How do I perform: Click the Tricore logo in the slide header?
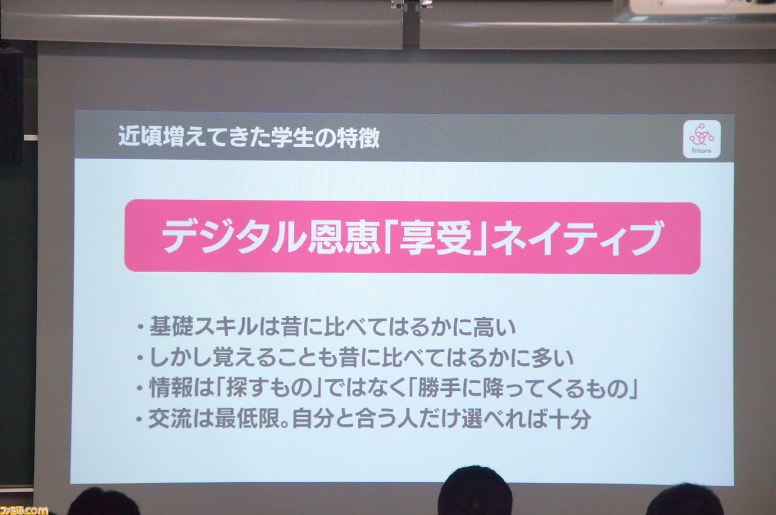(702, 139)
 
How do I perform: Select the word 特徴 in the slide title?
(358, 138)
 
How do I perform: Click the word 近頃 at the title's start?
(139, 136)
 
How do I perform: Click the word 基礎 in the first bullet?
(171, 326)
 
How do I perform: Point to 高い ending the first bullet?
(494, 327)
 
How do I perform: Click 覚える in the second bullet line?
(244, 357)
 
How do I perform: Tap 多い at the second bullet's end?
(553, 358)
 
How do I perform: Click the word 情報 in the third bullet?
(171, 388)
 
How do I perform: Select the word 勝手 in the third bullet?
(440, 388)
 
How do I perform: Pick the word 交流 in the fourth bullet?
(170, 419)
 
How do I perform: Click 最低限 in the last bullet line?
(247, 419)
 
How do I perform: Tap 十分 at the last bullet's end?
(570, 419)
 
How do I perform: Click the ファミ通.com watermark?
(24, 510)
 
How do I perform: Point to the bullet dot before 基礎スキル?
(140, 327)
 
